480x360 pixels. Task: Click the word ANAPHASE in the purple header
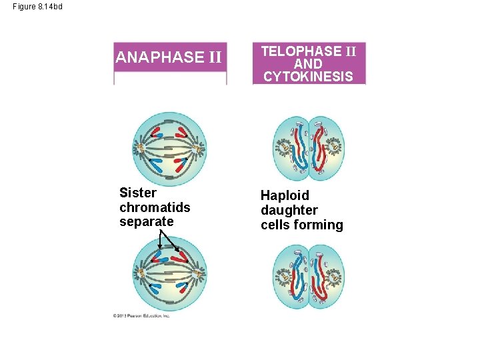[159, 57]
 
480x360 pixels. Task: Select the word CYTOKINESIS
[308, 76]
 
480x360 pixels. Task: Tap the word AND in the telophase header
[308, 64]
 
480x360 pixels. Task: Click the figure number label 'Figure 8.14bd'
[37, 7]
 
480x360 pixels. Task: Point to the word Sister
[138, 193]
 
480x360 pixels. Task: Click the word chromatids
[155, 207]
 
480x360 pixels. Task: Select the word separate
[147, 221]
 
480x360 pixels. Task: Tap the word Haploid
[285, 196]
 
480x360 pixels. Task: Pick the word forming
[320, 225]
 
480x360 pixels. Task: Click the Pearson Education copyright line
[141, 315]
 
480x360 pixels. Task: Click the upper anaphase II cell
[169, 148]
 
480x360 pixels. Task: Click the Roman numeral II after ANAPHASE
[214, 57]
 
